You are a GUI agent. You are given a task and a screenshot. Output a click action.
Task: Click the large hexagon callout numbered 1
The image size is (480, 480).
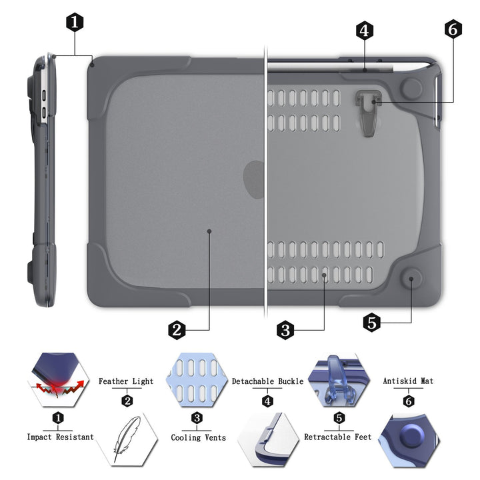click(75, 22)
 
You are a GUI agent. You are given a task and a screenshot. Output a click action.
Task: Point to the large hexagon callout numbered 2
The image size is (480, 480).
click(177, 329)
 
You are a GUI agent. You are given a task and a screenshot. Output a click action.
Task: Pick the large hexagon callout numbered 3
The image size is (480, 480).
click(285, 329)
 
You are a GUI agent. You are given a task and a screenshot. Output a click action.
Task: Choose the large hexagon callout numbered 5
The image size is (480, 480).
click(373, 323)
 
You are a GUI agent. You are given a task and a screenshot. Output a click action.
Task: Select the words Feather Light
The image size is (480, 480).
click(126, 381)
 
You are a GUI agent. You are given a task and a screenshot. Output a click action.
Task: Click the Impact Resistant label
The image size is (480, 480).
click(60, 437)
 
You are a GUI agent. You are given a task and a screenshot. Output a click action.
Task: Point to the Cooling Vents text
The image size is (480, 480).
click(198, 437)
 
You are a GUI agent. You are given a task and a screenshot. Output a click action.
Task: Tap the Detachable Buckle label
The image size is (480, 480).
click(267, 381)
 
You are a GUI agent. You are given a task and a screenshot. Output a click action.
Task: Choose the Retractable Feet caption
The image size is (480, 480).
click(338, 437)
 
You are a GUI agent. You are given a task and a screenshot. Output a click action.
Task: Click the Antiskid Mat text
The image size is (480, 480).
click(408, 381)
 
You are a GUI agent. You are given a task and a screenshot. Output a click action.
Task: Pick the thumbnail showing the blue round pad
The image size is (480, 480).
click(409, 440)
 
